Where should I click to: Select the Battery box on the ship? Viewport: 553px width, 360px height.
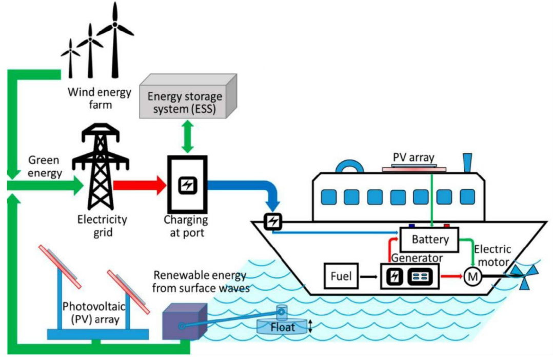tap(430, 239)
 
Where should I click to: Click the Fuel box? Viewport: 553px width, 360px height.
tap(340, 276)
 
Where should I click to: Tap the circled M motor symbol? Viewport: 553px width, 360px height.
tap(471, 277)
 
